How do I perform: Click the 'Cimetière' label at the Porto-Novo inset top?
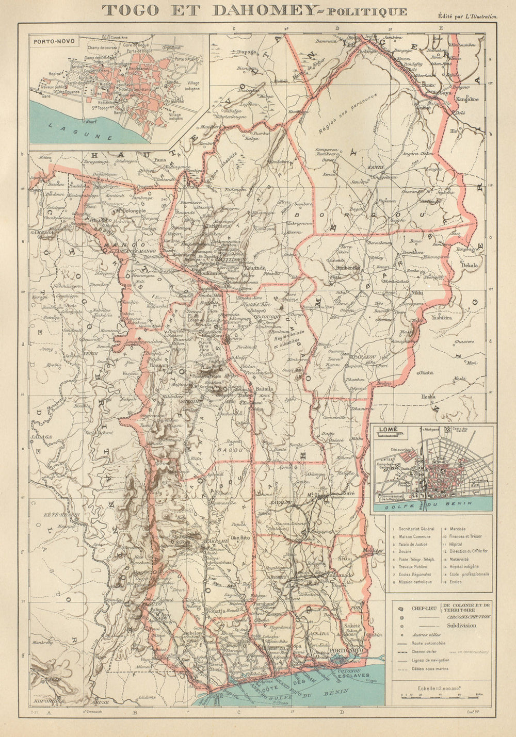pos(118,38)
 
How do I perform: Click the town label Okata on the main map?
pos(426,372)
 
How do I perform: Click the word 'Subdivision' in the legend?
pos(462,626)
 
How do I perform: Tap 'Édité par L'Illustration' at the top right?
pos(467,17)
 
